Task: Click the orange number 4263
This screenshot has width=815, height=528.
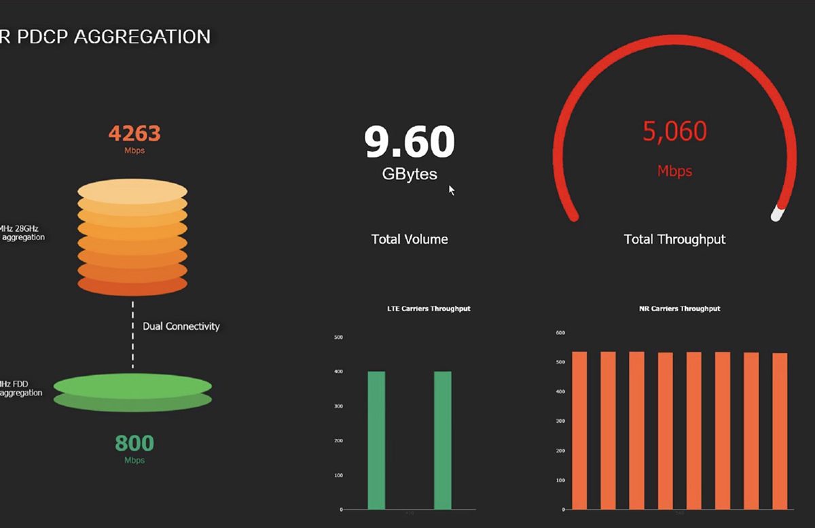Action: (x=134, y=133)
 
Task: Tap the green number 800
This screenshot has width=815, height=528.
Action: (x=134, y=443)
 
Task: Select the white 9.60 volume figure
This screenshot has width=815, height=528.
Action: (x=410, y=141)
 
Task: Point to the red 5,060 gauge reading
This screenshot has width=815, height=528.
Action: (x=674, y=130)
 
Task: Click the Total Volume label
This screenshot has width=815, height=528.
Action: (x=410, y=239)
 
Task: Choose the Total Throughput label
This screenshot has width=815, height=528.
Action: (x=674, y=239)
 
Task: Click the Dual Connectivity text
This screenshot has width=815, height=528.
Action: (x=181, y=326)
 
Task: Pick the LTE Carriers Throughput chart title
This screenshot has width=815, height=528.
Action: (x=429, y=309)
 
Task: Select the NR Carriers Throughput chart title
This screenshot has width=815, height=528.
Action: (x=679, y=309)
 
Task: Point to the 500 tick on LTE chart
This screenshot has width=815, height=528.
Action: (x=339, y=337)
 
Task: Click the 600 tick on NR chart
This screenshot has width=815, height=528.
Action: (x=561, y=333)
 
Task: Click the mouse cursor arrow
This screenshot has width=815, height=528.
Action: (x=452, y=190)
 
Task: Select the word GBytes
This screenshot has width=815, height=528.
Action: (x=410, y=174)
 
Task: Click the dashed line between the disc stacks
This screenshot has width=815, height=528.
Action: (x=133, y=335)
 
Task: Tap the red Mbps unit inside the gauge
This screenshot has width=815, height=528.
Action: (x=674, y=171)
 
